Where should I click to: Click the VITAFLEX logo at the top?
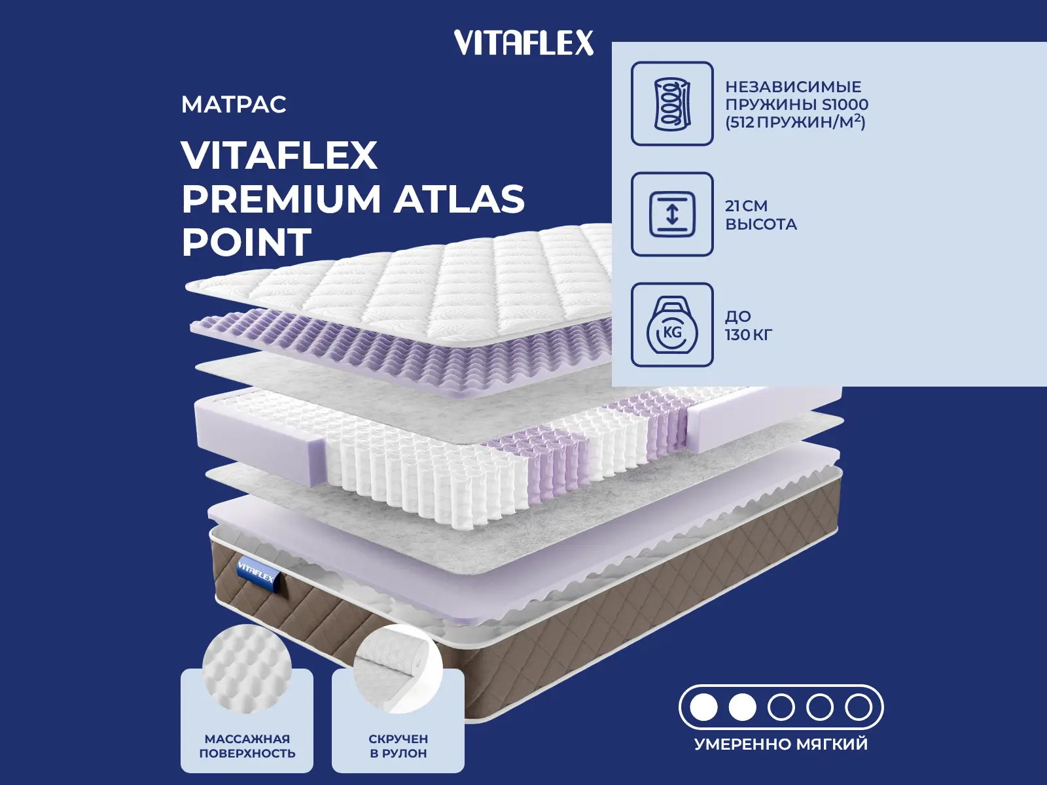[523, 43]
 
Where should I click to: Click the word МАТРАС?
[234, 105]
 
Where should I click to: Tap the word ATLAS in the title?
[460, 199]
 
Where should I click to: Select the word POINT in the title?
[246, 242]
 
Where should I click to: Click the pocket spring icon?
[672, 103]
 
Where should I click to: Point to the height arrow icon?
[672, 214]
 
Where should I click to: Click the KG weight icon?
[672, 325]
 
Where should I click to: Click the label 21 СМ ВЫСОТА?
[760, 215]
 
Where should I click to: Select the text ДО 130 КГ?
[748, 325]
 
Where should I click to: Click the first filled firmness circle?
[704, 707]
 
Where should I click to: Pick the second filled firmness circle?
[743, 707]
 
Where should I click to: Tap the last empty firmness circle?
[859, 707]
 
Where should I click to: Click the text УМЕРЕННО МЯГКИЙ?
[781, 744]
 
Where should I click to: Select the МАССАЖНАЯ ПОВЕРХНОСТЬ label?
[247, 746]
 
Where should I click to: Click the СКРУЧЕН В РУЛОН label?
[398, 746]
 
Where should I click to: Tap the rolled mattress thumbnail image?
[398, 669]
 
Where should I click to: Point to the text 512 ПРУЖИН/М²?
[795, 122]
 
